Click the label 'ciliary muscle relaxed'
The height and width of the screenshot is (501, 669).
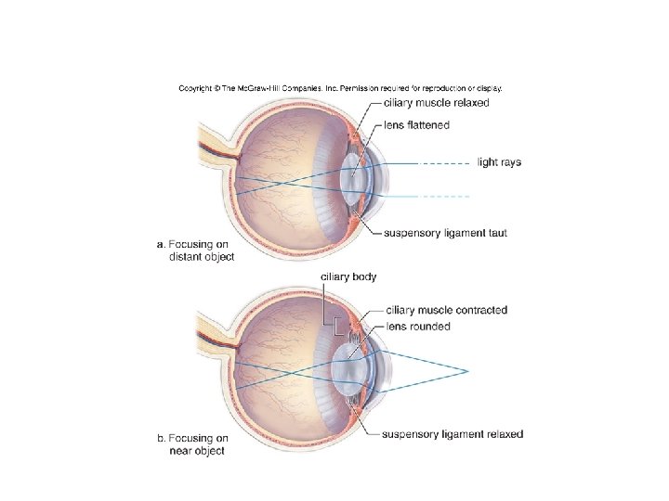coord(436,103)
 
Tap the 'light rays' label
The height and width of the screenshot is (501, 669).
coord(499,162)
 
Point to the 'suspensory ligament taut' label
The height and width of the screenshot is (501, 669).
coord(447,233)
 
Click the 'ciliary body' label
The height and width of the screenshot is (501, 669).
coord(348,276)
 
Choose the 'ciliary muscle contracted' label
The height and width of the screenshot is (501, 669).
coord(446,310)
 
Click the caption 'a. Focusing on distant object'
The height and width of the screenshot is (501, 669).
coord(195,250)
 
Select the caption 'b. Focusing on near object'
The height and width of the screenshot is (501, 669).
coord(193,444)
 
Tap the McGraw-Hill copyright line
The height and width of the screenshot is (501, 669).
coord(340,88)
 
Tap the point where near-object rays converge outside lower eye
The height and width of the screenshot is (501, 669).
coord(465,371)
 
